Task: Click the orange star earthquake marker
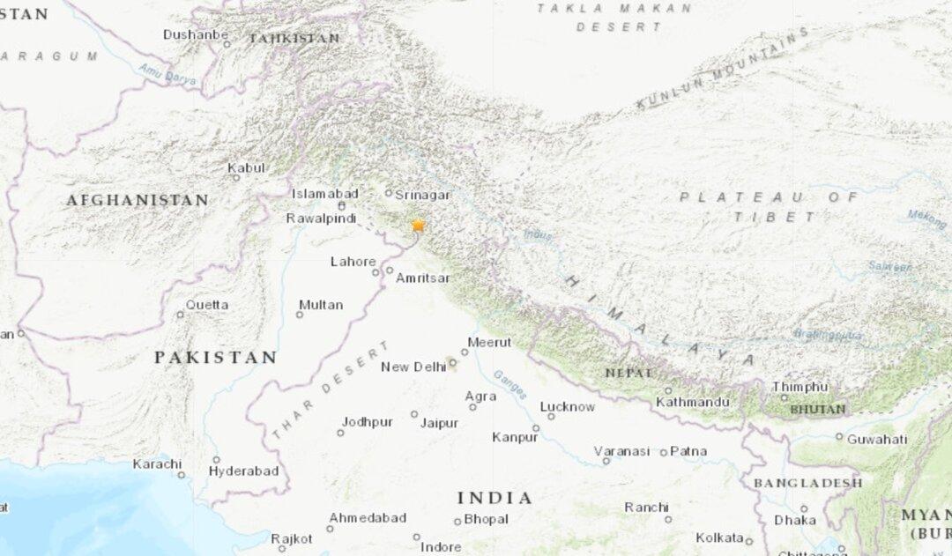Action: pos(418,226)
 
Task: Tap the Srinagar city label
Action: pos(423,195)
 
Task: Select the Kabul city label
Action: pos(246,167)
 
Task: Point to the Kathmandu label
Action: pos(693,403)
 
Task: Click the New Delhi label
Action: pos(413,367)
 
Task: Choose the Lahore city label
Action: pos(353,261)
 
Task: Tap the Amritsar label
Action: pos(423,278)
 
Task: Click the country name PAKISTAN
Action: pos(216,357)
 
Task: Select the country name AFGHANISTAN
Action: pos(138,200)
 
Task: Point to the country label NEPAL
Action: pos(629,373)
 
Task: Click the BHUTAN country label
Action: pos(817,410)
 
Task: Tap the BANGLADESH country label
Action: pos(807,483)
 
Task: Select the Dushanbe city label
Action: pos(191,34)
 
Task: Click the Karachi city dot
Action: pos(181,475)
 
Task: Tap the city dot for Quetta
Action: pos(180,315)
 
